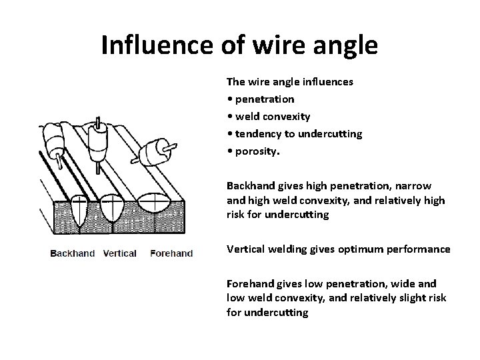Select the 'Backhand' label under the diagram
(x=73, y=253)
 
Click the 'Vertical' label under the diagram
(x=121, y=253)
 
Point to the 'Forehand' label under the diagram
(x=171, y=253)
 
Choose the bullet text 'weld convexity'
(x=277, y=117)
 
